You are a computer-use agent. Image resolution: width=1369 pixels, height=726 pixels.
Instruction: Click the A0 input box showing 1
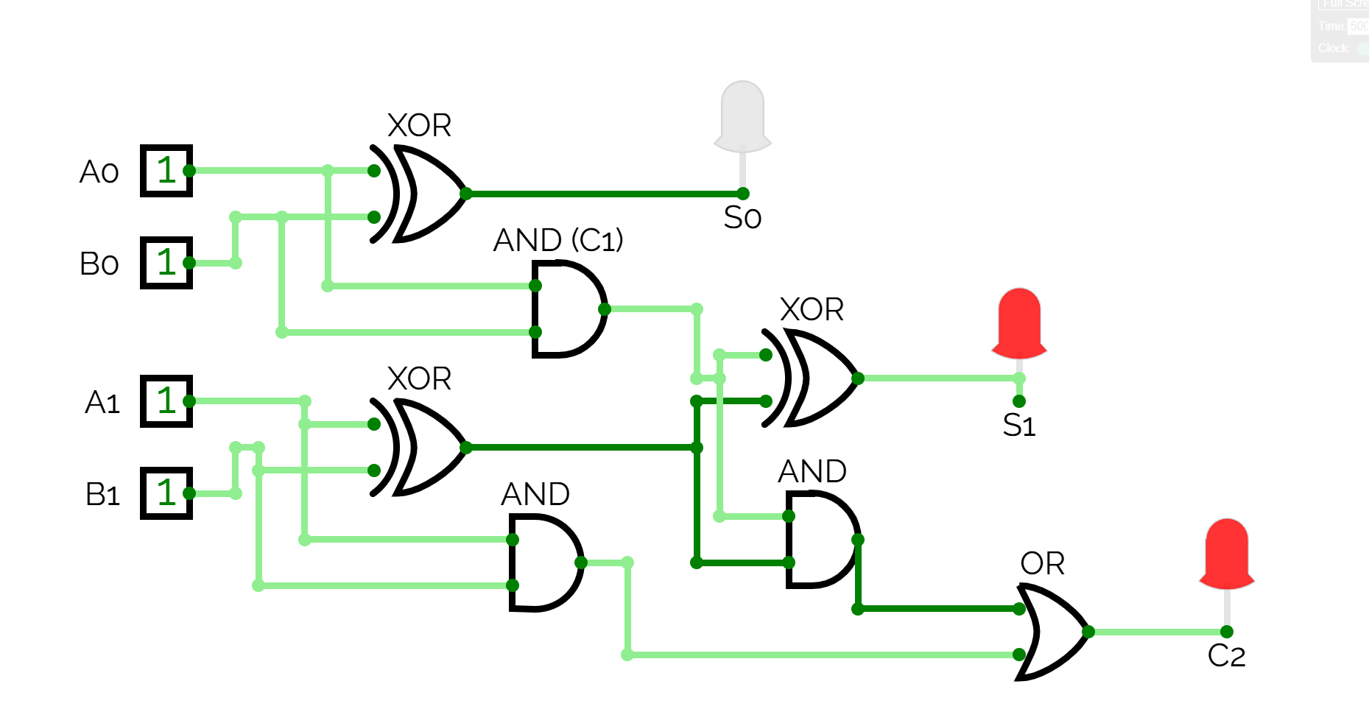[166, 171]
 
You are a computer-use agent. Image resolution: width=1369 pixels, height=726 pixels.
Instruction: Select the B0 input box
[166, 263]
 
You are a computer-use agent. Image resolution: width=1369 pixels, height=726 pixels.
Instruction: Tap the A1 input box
[166, 401]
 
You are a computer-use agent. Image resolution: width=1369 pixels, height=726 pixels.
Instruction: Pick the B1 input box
[166, 493]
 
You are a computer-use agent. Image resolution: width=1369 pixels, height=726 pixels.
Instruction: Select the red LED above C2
[1226, 553]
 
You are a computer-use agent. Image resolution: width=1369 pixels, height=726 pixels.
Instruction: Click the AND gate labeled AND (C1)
[566, 309]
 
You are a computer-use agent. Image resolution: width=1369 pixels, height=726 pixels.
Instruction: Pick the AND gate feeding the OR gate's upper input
[820, 540]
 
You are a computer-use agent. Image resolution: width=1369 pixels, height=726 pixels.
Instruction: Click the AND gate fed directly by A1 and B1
[543, 563]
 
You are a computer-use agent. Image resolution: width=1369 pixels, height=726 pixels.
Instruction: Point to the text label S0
[742, 218]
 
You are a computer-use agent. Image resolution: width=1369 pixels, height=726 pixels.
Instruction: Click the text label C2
[1226, 656]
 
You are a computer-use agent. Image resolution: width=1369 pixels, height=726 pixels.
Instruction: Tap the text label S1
[1019, 426]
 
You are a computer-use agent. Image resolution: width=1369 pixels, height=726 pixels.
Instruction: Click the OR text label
[1042, 564]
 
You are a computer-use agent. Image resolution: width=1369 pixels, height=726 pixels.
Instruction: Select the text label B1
[102, 495]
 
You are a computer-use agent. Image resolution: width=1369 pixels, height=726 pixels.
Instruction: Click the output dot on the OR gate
[1088, 632]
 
